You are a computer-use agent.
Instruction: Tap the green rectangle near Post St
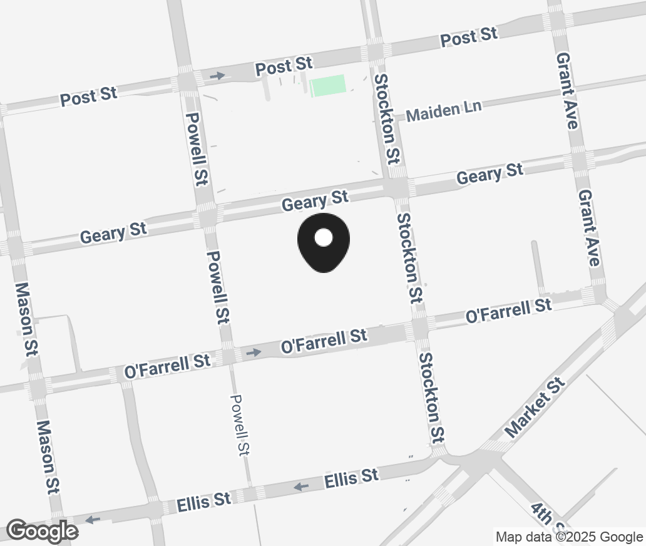328,85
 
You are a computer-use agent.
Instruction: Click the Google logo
43,531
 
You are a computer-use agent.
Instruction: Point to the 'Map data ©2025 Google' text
569,537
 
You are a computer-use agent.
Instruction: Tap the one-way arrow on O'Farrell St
254,353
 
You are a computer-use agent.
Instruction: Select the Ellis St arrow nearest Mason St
93,519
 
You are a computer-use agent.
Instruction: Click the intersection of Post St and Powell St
187,82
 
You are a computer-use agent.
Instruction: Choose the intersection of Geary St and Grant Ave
580,160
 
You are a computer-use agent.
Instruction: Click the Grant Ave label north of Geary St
567,90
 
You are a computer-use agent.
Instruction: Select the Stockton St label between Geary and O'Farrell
410,258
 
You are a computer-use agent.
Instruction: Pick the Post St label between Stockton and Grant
469,37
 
